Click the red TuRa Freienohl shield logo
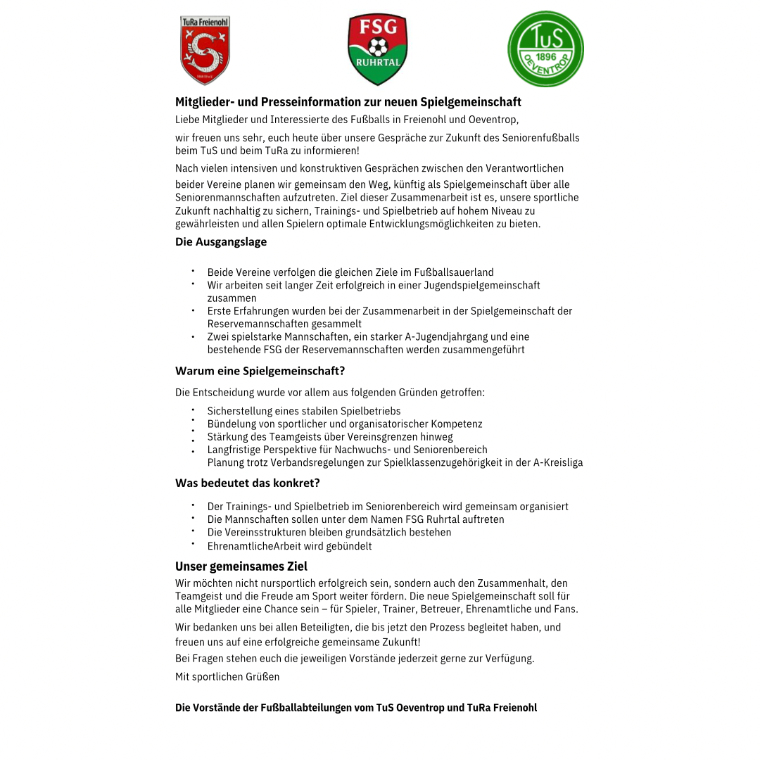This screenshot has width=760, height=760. (x=205, y=50)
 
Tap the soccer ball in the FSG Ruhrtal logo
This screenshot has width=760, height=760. (x=378, y=47)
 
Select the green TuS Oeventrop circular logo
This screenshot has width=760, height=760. (x=545, y=49)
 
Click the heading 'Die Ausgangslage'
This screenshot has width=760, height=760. (x=221, y=242)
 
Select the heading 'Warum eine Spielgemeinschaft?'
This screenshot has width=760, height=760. (x=260, y=371)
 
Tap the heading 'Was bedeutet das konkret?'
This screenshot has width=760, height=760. (x=247, y=483)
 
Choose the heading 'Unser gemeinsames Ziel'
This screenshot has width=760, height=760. (x=241, y=566)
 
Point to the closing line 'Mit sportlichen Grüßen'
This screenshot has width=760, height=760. (x=227, y=677)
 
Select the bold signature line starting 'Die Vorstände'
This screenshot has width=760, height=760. (x=355, y=708)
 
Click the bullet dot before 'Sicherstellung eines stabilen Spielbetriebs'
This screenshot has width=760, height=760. (x=192, y=409)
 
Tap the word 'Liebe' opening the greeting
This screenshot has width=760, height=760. (x=187, y=120)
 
